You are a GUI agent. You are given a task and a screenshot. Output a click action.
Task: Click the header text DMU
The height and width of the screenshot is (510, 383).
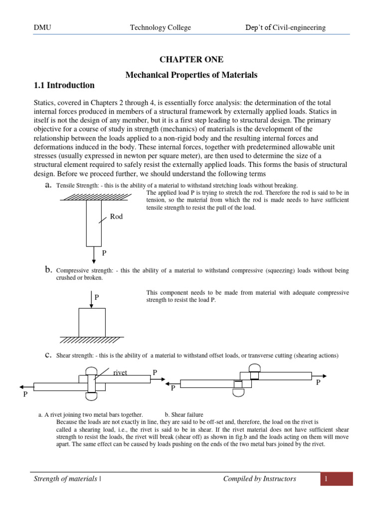click(x=42, y=27)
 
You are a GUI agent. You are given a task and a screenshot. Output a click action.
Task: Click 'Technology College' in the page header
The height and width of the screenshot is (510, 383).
click(x=160, y=27)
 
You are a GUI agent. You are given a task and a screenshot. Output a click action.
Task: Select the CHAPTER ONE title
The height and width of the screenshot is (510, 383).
click(x=191, y=60)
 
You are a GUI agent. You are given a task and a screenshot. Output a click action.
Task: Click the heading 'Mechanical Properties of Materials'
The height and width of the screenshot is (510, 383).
click(x=191, y=75)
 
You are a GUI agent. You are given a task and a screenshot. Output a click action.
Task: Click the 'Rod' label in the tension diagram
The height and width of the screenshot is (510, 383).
click(x=116, y=217)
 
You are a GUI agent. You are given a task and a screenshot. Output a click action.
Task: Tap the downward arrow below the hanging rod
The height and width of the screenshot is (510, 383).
click(x=93, y=255)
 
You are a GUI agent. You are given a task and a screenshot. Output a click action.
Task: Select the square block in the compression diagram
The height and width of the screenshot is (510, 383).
click(x=92, y=322)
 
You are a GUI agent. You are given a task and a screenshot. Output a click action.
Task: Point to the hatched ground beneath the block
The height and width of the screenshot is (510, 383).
click(x=93, y=340)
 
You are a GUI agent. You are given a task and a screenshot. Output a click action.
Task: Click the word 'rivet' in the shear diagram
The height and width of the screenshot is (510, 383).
click(x=121, y=373)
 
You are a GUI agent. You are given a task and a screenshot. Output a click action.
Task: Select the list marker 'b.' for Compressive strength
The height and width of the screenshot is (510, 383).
click(x=48, y=270)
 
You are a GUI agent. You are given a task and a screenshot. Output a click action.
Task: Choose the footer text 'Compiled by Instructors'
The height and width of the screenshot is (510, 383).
click(x=259, y=479)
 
